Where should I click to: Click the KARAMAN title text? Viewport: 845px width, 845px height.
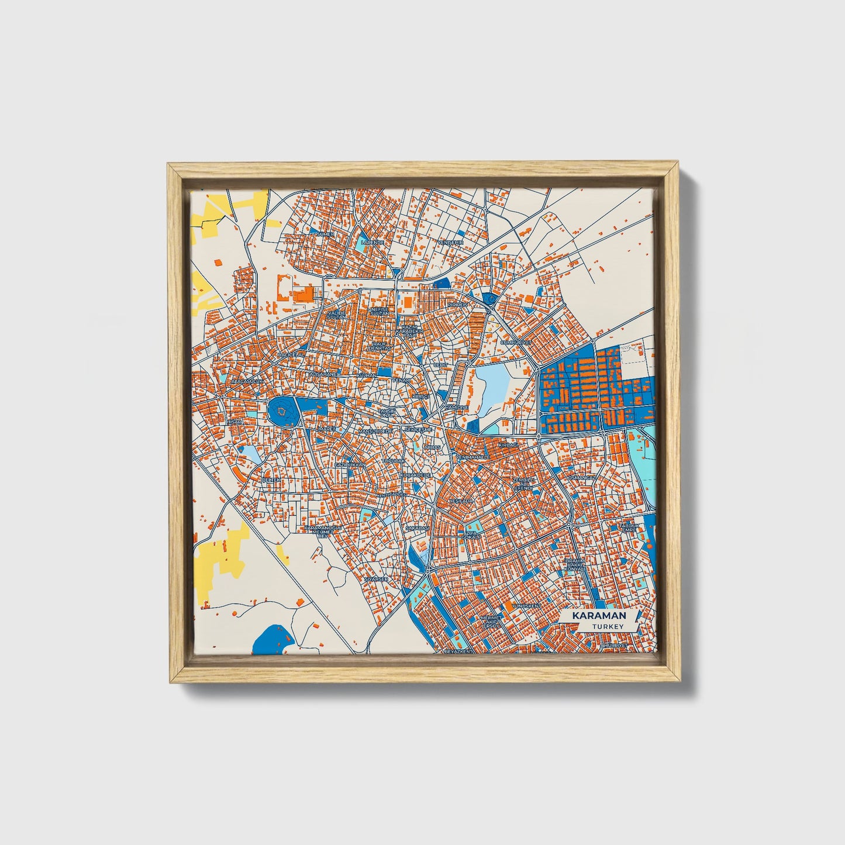(x=599, y=616)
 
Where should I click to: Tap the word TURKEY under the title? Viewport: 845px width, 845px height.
(x=607, y=626)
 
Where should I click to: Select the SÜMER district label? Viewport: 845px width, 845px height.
(x=325, y=234)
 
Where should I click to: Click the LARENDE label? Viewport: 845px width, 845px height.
(x=373, y=242)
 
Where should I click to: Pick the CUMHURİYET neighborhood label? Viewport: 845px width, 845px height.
(x=515, y=342)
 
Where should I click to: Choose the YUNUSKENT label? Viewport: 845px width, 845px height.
(x=526, y=606)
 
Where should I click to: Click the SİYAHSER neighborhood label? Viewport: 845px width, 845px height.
(x=376, y=579)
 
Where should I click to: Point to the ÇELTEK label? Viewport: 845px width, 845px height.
(x=271, y=480)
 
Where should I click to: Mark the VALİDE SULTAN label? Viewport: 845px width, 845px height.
(x=337, y=315)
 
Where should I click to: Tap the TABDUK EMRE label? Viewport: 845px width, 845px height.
(x=630, y=527)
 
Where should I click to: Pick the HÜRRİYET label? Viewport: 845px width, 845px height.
(x=615, y=644)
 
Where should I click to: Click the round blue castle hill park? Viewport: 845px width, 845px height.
(x=283, y=412)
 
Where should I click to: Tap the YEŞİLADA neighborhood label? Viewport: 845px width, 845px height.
(x=461, y=502)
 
